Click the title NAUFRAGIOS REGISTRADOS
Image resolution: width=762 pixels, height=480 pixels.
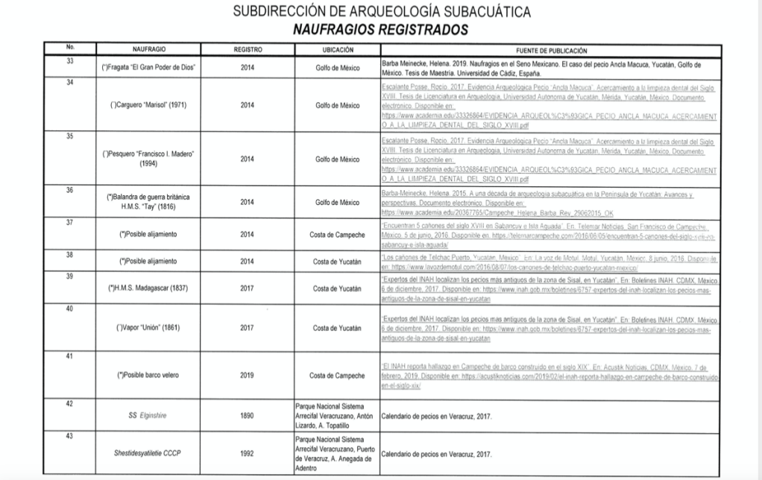pyautogui.click(x=381, y=30)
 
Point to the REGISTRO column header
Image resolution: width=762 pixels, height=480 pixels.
pyautogui.click(x=248, y=50)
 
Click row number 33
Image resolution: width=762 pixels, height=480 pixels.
pyautogui.click(x=69, y=60)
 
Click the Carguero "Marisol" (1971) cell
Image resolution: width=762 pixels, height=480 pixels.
pyautogui.click(x=148, y=105)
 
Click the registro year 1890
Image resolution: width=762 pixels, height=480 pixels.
pyautogui.click(x=248, y=414)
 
